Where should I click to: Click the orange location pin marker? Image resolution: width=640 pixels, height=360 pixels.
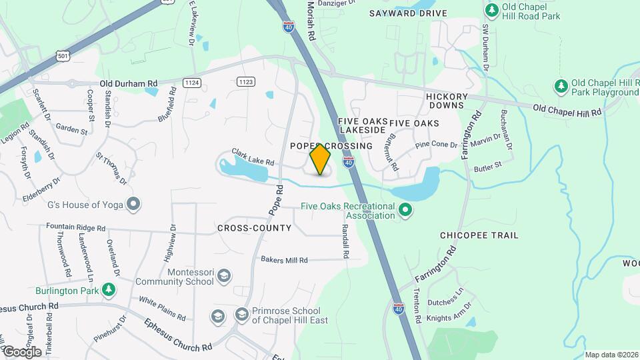pyautogui.click(x=320, y=159)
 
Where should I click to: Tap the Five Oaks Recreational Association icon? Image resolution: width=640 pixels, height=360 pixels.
pyautogui.click(x=405, y=211)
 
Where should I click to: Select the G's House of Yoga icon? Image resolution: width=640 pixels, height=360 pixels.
pyautogui.click(x=134, y=204)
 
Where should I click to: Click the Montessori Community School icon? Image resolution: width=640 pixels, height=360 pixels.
pyautogui.click(x=225, y=276)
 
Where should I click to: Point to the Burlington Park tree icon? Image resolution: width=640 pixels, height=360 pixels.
pyautogui.click(x=108, y=290)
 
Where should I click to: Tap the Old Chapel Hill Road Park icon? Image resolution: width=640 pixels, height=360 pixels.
pyautogui.click(x=492, y=10)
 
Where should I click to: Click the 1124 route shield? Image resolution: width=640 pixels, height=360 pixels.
pyautogui.click(x=192, y=82)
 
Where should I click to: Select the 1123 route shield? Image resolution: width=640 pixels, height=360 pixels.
pyautogui.click(x=245, y=81)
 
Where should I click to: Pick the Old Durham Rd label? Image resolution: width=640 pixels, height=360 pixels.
pyautogui.click(x=129, y=83)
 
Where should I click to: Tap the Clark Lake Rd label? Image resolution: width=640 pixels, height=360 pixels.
pyautogui.click(x=253, y=157)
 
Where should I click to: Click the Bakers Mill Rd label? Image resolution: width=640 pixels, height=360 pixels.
pyautogui.click(x=284, y=260)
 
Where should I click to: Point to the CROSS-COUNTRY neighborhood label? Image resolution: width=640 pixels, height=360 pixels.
pyautogui.click(x=254, y=228)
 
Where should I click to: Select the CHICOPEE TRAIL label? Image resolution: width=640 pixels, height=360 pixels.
pyautogui.click(x=479, y=235)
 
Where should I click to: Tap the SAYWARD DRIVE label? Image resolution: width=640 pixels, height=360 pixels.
pyautogui.click(x=409, y=13)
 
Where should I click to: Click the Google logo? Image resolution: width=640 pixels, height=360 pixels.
pyautogui.click(x=22, y=351)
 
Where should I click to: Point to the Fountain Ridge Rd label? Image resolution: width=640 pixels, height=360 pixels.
pyautogui.click(x=76, y=227)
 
